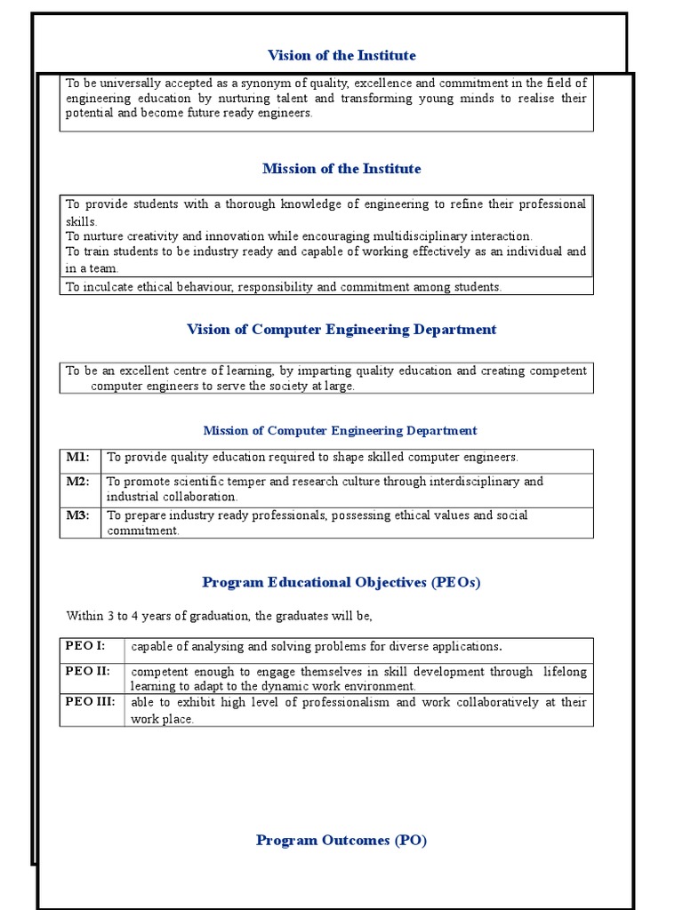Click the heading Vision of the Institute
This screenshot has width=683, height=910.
[x=341, y=55]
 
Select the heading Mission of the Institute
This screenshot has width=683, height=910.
[x=341, y=169]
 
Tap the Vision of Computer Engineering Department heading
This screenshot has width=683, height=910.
[x=341, y=330]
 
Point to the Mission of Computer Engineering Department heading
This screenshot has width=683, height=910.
[x=340, y=431]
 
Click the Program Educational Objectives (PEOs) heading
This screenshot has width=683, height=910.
[x=341, y=583]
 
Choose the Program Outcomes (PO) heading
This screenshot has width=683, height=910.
[x=341, y=840]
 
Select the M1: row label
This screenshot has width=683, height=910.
[x=78, y=457]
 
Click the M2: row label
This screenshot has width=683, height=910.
[x=78, y=481]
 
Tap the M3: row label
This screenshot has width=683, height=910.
[x=78, y=515]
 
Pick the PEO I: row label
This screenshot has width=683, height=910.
[x=85, y=645]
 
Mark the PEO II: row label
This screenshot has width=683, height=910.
[x=87, y=671]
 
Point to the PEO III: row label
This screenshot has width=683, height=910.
[x=90, y=702]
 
